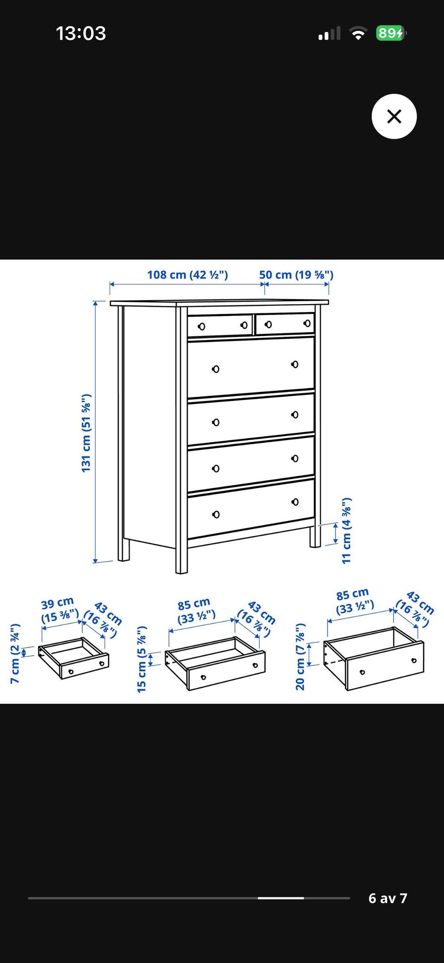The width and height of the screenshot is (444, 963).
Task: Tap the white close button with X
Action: tap(394, 116)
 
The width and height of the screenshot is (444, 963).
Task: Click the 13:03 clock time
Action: tap(81, 33)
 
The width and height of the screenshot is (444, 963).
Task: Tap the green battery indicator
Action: tap(391, 33)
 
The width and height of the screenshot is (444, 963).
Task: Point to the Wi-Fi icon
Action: tap(358, 33)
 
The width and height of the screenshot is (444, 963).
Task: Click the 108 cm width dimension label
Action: tap(187, 274)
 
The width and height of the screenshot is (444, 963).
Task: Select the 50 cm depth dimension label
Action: tap(296, 274)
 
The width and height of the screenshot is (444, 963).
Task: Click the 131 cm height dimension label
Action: tap(86, 433)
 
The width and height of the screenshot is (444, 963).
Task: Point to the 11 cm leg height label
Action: tap(346, 531)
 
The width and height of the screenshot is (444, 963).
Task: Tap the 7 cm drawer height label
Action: tap(15, 653)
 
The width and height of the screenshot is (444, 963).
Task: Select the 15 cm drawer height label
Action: tap(142, 659)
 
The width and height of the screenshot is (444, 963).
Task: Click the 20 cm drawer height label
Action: tap(300, 656)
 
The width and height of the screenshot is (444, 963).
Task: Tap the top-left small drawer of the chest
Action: tap(220, 325)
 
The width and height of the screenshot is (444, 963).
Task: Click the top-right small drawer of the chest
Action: tap(285, 323)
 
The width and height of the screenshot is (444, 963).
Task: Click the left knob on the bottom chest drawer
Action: tap(216, 515)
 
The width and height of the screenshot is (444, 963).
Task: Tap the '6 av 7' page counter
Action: tap(388, 898)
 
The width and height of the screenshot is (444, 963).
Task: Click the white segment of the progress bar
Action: tap(281, 898)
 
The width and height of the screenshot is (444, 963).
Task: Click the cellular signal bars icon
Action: tap(329, 33)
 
